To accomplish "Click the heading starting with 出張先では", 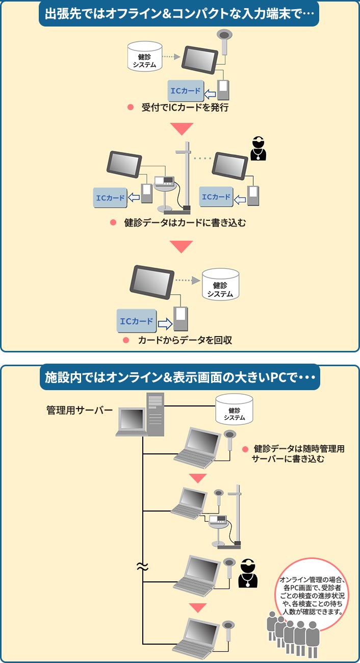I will coord(179,14).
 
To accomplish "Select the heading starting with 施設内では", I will coord(179,377).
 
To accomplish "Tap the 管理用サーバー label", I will coord(79,410).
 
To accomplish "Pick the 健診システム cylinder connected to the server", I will coord(234,410).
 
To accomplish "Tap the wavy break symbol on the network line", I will coord(142,566).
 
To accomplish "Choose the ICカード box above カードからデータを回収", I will coord(136,321).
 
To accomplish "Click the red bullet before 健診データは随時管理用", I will coord(245,449).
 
